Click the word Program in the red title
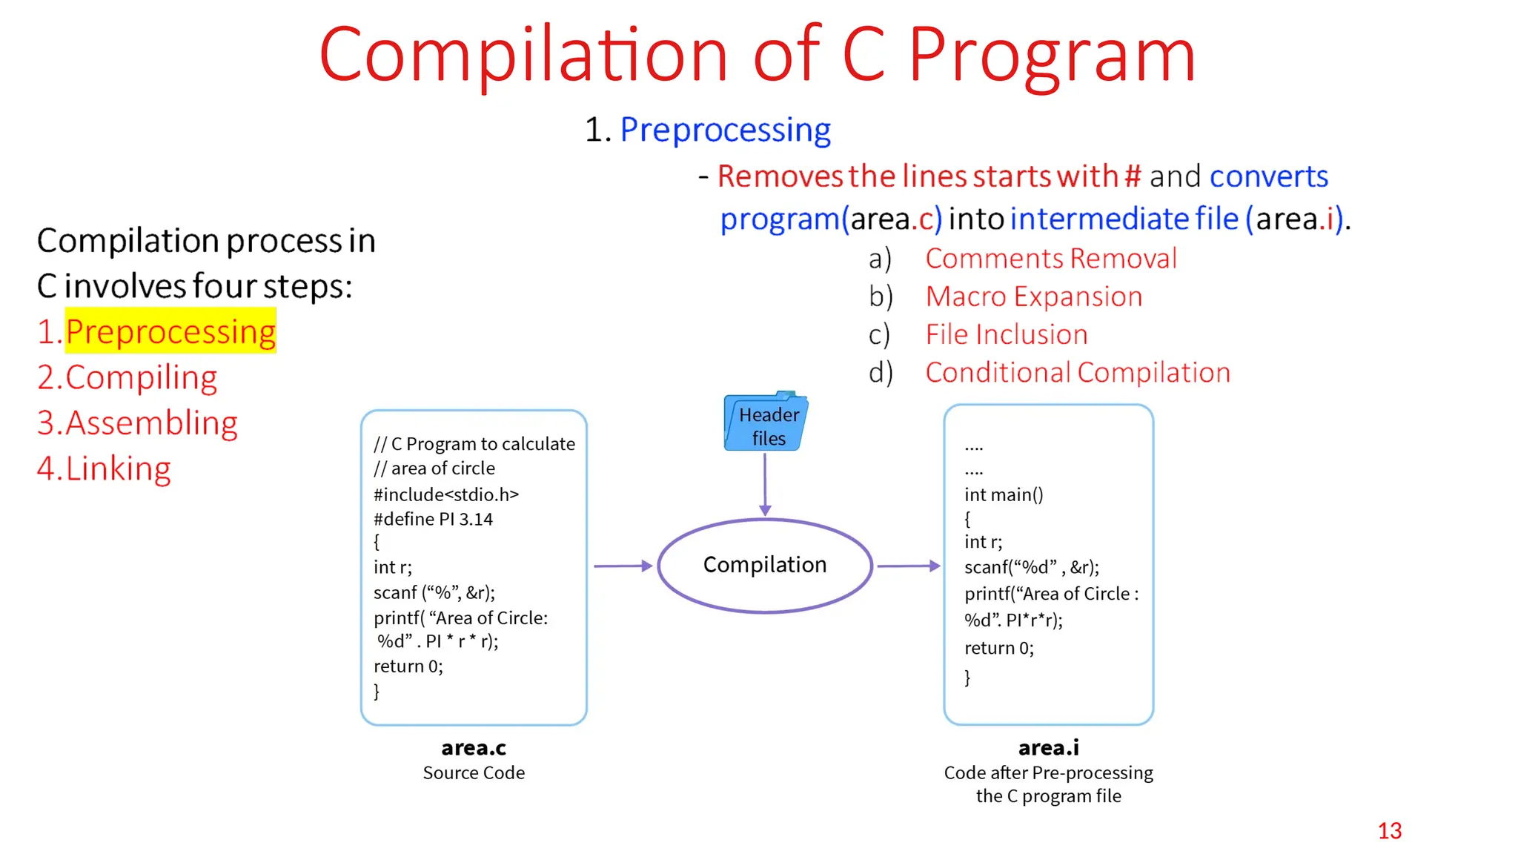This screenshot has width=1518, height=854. pyautogui.click(x=1051, y=56)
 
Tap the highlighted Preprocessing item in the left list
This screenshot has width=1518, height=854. pyautogui.click(x=170, y=331)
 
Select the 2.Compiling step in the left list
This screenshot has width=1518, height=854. pyautogui.click(x=127, y=377)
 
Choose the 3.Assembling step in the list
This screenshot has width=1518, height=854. pyautogui.click(x=138, y=423)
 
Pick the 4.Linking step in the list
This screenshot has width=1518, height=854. pyautogui.click(x=105, y=469)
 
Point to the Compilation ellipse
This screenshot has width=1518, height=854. pyautogui.click(x=764, y=566)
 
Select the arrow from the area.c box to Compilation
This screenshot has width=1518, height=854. pyautogui.click(x=622, y=566)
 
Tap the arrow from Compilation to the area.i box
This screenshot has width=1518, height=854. pyautogui.click(x=908, y=566)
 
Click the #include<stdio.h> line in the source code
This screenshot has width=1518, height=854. pyautogui.click(x=446, y=494)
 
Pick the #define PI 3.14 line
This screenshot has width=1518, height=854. pyautogui.click(x=433, y=519)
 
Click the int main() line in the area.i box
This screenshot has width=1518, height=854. pyautogui.click(x=1004, y=494)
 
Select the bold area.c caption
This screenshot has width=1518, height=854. pyautogui.click(x=474, y=747)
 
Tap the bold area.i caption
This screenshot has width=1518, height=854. pyautogui.click(x=1048, y=747)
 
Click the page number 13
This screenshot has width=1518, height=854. pyautogui.click(x=1390, y=831)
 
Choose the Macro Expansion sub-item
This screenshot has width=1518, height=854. pyautogui.click(x=1034, y=297)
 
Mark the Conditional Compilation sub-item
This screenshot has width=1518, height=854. pyautogui.click(x=1078, y=372)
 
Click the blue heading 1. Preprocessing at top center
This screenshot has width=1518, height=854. pyautogui.click(x=709, y=130)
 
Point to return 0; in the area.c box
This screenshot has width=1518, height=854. pyautogui.click(x=408, y=666)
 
